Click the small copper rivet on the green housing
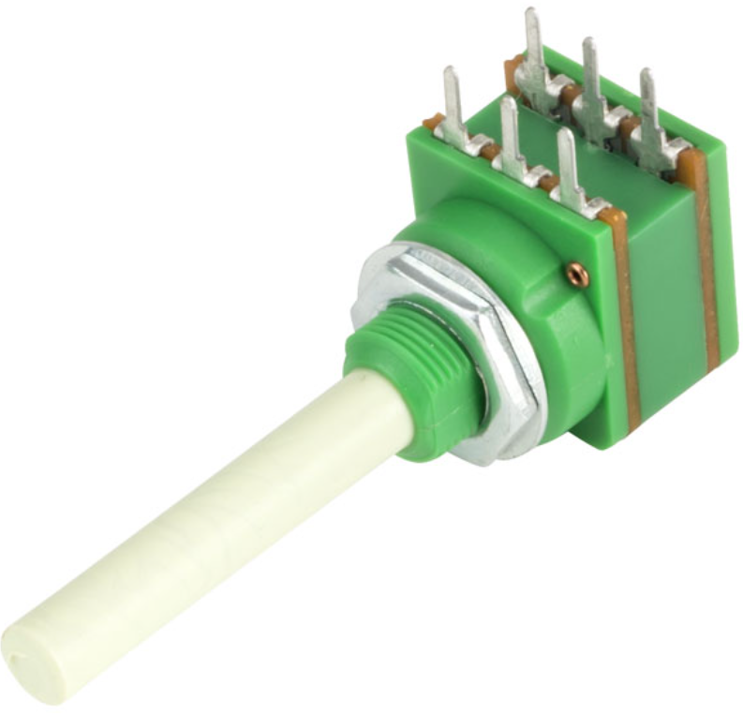(x=577, y=273)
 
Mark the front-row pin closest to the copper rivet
(x=569, y=169)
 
